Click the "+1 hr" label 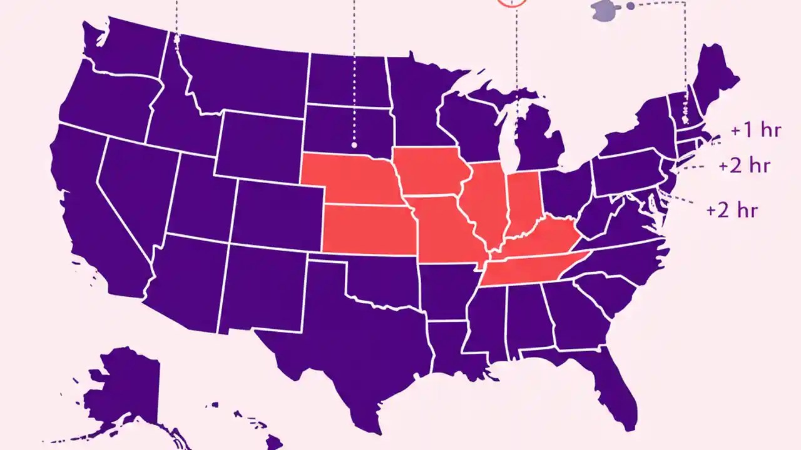[x=755, y=131]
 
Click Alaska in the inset [x=125, y=387]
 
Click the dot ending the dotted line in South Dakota [x=354, y=145]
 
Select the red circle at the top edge [x=511, y=2]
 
